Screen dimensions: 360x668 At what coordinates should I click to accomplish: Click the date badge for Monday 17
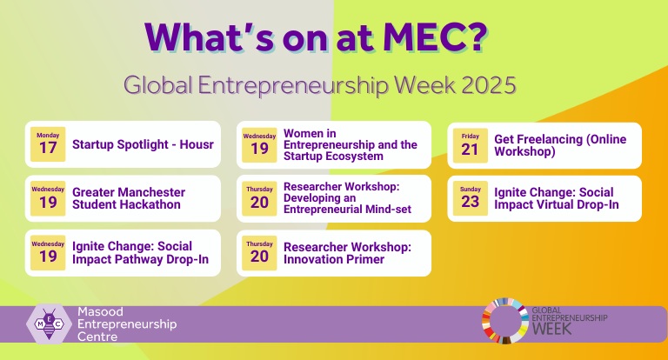click(x=48, y=144)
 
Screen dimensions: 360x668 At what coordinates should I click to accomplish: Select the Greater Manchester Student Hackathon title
click(x=129, y=198)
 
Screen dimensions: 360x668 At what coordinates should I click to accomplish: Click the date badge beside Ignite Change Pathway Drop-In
click(x=48, y=252)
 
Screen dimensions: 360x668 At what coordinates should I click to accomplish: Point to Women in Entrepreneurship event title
click(x=350, y=144)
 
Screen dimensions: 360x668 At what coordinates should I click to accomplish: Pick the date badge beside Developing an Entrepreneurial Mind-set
click(x=259, y=198)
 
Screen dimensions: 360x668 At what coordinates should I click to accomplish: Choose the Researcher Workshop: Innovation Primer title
click(x=347, y=253)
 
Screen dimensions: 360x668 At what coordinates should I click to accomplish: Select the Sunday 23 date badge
click(x=471, y=198)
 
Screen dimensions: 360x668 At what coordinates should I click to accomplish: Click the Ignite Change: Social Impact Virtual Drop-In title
click(x=557, y=198)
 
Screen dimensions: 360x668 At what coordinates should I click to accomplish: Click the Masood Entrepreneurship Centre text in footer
click(x=127, y=324)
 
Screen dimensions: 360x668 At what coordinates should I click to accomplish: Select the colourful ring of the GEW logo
click(x=503, y=322)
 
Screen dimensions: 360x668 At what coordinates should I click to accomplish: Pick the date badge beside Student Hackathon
click(x=48, y=198)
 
